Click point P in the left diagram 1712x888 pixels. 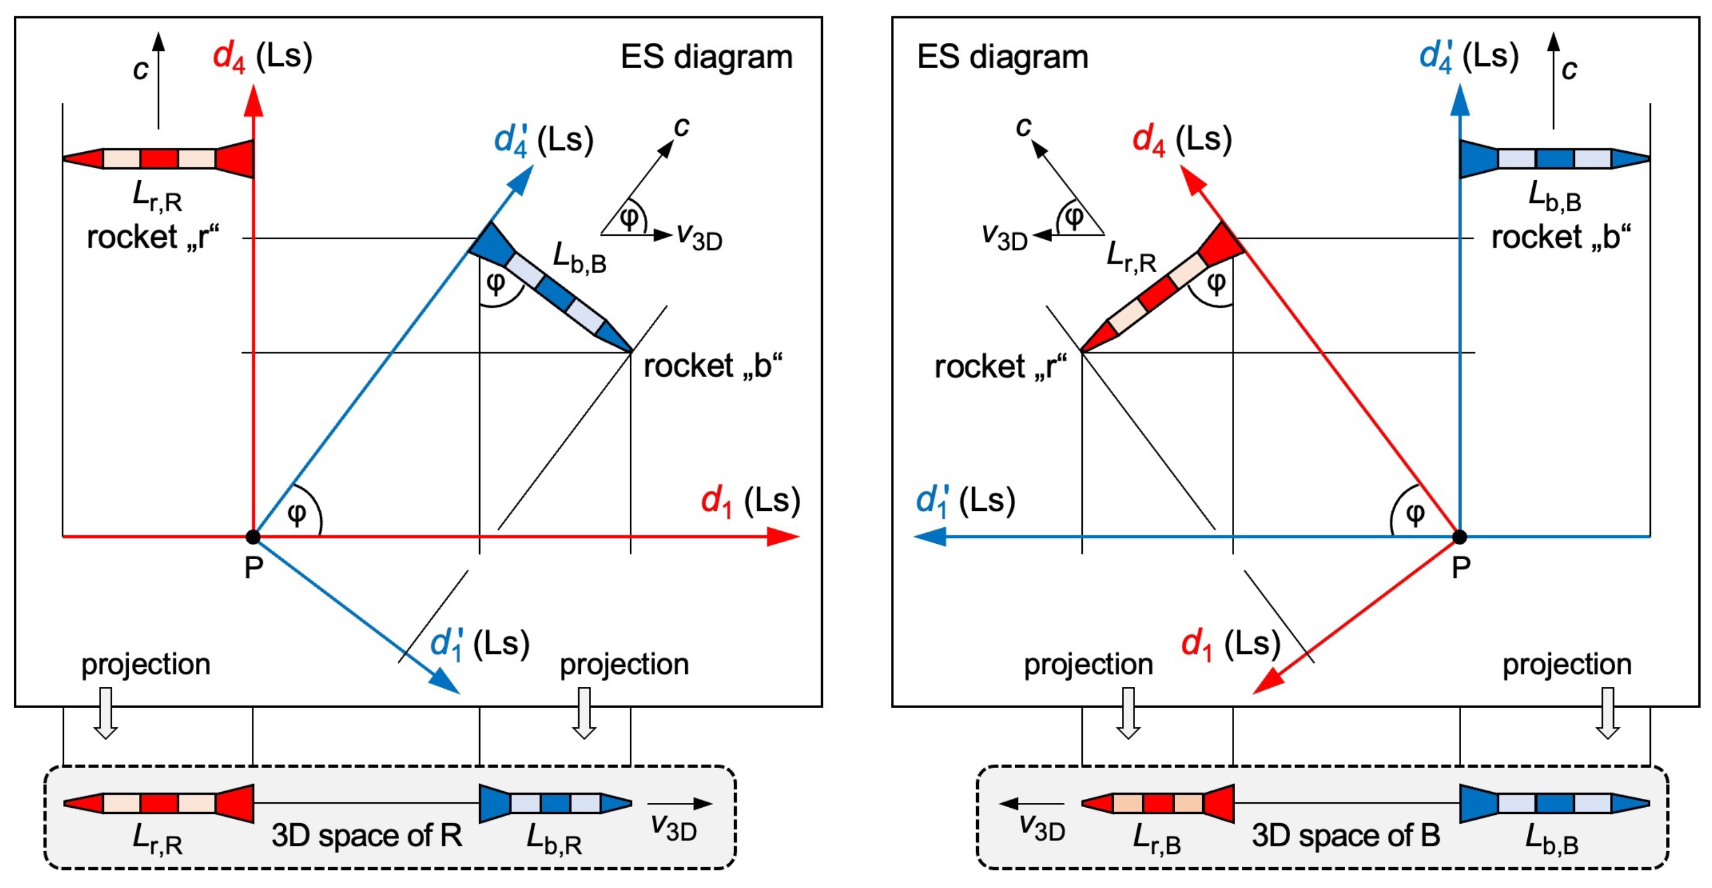tap(252, 537)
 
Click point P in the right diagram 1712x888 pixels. tap(1459, 537)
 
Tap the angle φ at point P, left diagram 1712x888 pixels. tap(297, 514)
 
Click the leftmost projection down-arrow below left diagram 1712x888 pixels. tap(106, 713)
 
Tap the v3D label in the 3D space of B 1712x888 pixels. tap(1042, 828)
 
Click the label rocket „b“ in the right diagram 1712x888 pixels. tap(1560, 238)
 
